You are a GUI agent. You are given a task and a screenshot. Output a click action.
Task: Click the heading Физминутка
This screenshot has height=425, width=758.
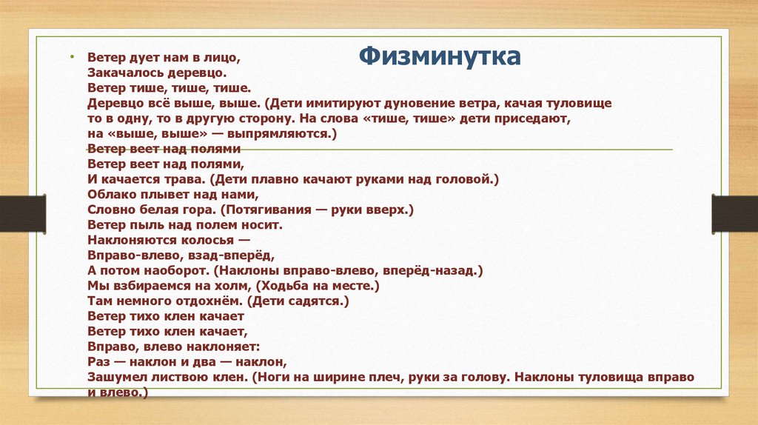click(440, 57)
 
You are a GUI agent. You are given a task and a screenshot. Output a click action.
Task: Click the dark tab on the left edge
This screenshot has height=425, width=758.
click(22, 212)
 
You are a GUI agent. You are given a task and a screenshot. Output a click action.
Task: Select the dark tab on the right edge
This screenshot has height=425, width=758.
click(734, 212)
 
